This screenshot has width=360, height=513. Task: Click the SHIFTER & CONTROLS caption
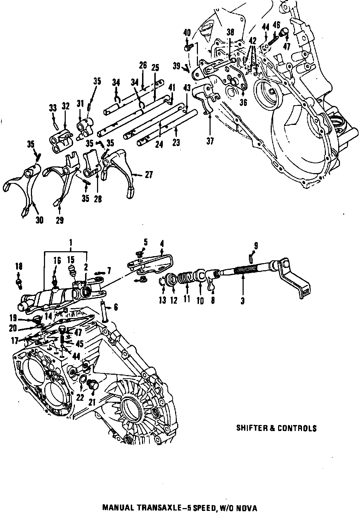click(276, 428)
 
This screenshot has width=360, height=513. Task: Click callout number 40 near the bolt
click(187, 33)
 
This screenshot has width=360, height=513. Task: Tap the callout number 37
click(210, 141)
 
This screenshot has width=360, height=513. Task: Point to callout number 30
click(39, 220)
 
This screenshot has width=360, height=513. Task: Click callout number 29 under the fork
click(59, 221)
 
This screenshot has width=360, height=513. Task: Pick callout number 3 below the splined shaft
click(243, 301)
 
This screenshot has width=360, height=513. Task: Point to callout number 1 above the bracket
click(71, 242)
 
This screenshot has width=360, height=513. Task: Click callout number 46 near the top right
click(277, 25)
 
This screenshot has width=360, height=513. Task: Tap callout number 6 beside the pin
click(116, 307)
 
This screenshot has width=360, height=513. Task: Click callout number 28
click(97, 199)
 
